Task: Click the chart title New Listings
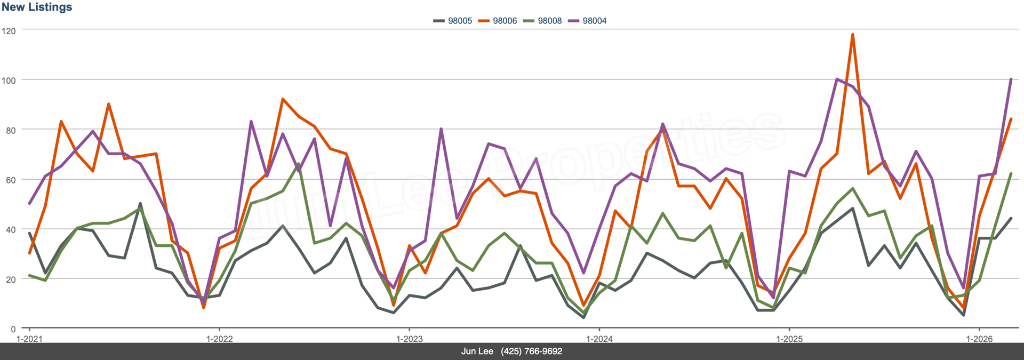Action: pos(37,7)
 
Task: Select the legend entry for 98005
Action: pos(453,21)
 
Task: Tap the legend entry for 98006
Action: pos(498,21)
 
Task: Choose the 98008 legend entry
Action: pos(542,21)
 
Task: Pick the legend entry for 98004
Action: pos(587,21)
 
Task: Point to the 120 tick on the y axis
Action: pos(9,31)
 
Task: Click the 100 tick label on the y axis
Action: pos(9,81)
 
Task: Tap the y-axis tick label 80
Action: pos(11,130)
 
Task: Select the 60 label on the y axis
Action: pos(11,180)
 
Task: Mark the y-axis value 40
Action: pos(11,230)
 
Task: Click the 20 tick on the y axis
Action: pos(11,279)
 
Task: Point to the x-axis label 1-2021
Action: pos(29,339)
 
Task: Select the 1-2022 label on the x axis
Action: pos(219,339)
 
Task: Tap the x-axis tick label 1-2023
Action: pos(409,339)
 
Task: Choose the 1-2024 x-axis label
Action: pos(599,339)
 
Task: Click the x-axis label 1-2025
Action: pos(789,339)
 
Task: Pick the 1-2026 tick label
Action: pos(979,339)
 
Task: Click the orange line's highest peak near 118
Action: pos(852,35)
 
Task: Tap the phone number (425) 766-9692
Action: pos(531,351)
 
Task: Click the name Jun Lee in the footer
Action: pos(477,351)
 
